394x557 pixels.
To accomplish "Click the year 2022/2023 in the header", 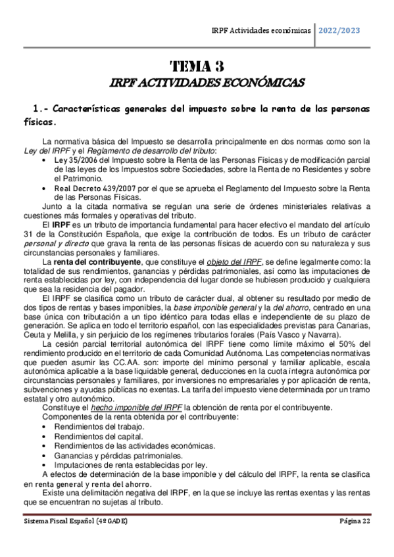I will (x=339, y=30).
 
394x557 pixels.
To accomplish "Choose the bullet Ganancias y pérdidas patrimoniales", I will (x=116, y=455).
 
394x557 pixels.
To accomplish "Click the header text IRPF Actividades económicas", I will (x=261, y=30).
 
